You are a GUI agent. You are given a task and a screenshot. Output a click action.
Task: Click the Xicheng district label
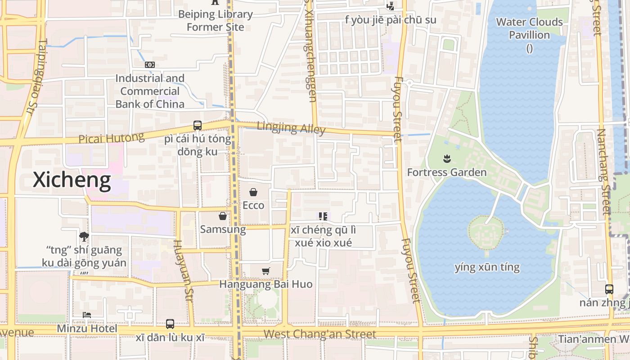click(x=72, y=180)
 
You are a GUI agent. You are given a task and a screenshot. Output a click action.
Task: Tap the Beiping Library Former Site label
click(x=216, y=20)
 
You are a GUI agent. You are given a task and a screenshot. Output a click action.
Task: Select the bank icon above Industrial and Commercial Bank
click(x=150, y=65)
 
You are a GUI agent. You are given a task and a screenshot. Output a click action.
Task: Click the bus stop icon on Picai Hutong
click(x=197, y=126)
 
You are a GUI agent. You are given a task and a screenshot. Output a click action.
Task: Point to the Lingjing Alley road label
click(x=291, y=128)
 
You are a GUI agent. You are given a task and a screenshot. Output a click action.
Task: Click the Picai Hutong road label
click(x=111, y=138)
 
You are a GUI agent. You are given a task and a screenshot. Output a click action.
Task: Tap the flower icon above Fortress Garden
click(x=447, y=158)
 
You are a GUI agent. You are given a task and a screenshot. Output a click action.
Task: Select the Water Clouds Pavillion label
click(x=529, y=28)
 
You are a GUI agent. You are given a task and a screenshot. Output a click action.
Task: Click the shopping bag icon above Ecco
click(x=253, y=193)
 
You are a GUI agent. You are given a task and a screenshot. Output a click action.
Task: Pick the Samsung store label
click(x=223, y=229)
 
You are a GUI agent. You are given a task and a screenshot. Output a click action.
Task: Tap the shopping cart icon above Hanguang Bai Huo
click(x=265, y=271)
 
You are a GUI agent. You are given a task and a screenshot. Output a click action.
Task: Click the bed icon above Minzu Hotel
click(x=87, y=315)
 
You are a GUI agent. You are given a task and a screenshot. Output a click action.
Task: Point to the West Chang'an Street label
click(x=319, y=334)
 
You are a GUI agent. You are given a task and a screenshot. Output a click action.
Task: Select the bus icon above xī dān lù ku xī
click(x=170, y=324)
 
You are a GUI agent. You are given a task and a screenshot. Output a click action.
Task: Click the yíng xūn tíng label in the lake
click(x=487, y=267)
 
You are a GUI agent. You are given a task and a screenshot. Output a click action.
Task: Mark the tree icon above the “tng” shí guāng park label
click(x=84, y=236)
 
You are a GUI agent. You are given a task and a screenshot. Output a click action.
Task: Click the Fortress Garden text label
click(x=447, y=172)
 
